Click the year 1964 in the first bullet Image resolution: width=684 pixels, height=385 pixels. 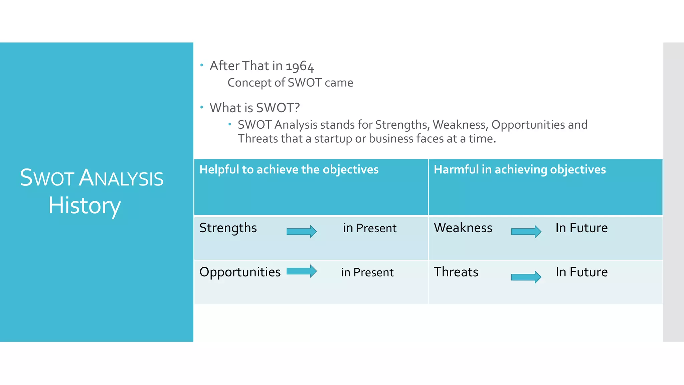tap(300, 66)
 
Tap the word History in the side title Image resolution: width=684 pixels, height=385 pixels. tap(84, 205)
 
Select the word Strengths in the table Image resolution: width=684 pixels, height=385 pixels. tap(228, 228)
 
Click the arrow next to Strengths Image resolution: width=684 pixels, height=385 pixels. tap(302, 231)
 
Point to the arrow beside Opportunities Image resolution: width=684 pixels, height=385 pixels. tap(302, 271)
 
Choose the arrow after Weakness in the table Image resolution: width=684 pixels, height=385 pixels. tap(526, 231)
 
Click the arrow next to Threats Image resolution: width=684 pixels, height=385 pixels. tap(526, 277)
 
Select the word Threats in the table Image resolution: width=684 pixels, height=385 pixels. tap(456, 272)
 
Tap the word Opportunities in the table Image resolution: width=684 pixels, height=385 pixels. tap(240, 272)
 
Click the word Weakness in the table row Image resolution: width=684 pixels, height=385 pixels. tap(463, 228)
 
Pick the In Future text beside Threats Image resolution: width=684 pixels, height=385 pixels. tap(581, 272)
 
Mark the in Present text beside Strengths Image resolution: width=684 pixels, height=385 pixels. tap(369, 228)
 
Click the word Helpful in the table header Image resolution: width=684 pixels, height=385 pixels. tap(219, 169)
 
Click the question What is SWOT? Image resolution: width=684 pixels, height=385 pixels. tap(254, 108)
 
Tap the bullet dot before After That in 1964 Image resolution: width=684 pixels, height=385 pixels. tap(202, 65)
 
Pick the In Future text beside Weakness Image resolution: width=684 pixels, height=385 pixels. tap(581, 228)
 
